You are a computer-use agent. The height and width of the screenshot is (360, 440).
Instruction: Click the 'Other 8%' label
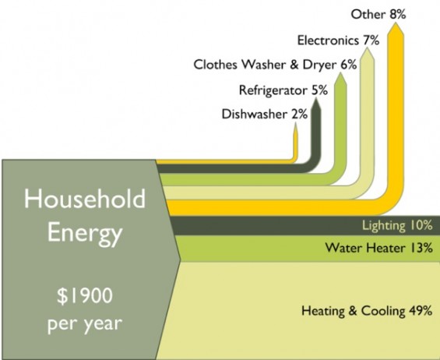click(x=378, y=14)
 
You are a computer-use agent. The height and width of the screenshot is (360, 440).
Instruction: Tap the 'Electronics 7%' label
click(x=339, y=41)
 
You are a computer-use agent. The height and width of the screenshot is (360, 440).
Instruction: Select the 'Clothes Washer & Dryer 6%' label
click(x=275, y=65)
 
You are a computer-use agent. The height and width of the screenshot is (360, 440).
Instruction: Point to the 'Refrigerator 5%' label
click(x=283, y=90)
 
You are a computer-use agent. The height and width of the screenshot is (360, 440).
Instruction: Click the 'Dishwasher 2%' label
click(x=264, y=115)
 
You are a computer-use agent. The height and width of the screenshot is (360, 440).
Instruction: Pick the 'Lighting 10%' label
click(x=397, y=225)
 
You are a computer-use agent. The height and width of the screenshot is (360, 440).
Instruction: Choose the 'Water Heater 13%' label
click(x=378, y=248)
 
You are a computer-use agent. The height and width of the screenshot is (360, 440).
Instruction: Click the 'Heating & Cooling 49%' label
click(x=367, y=311)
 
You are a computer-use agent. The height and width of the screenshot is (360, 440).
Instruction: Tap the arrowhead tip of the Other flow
click(x=396, y=23)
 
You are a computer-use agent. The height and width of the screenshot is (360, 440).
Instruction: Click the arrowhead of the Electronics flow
click(x=368, y=48)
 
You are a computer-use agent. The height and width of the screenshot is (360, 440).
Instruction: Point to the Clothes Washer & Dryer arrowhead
click(x=340, y=72)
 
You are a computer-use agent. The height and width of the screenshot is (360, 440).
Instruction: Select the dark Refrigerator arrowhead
click(x=316, y=97)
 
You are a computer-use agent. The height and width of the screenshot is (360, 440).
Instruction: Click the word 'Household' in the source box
click(x=85, y=199)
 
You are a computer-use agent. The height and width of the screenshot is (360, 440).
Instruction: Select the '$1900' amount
click(x=85, y=295)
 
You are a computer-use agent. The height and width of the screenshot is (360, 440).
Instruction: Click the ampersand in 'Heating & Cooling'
click(x=353, y=311)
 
